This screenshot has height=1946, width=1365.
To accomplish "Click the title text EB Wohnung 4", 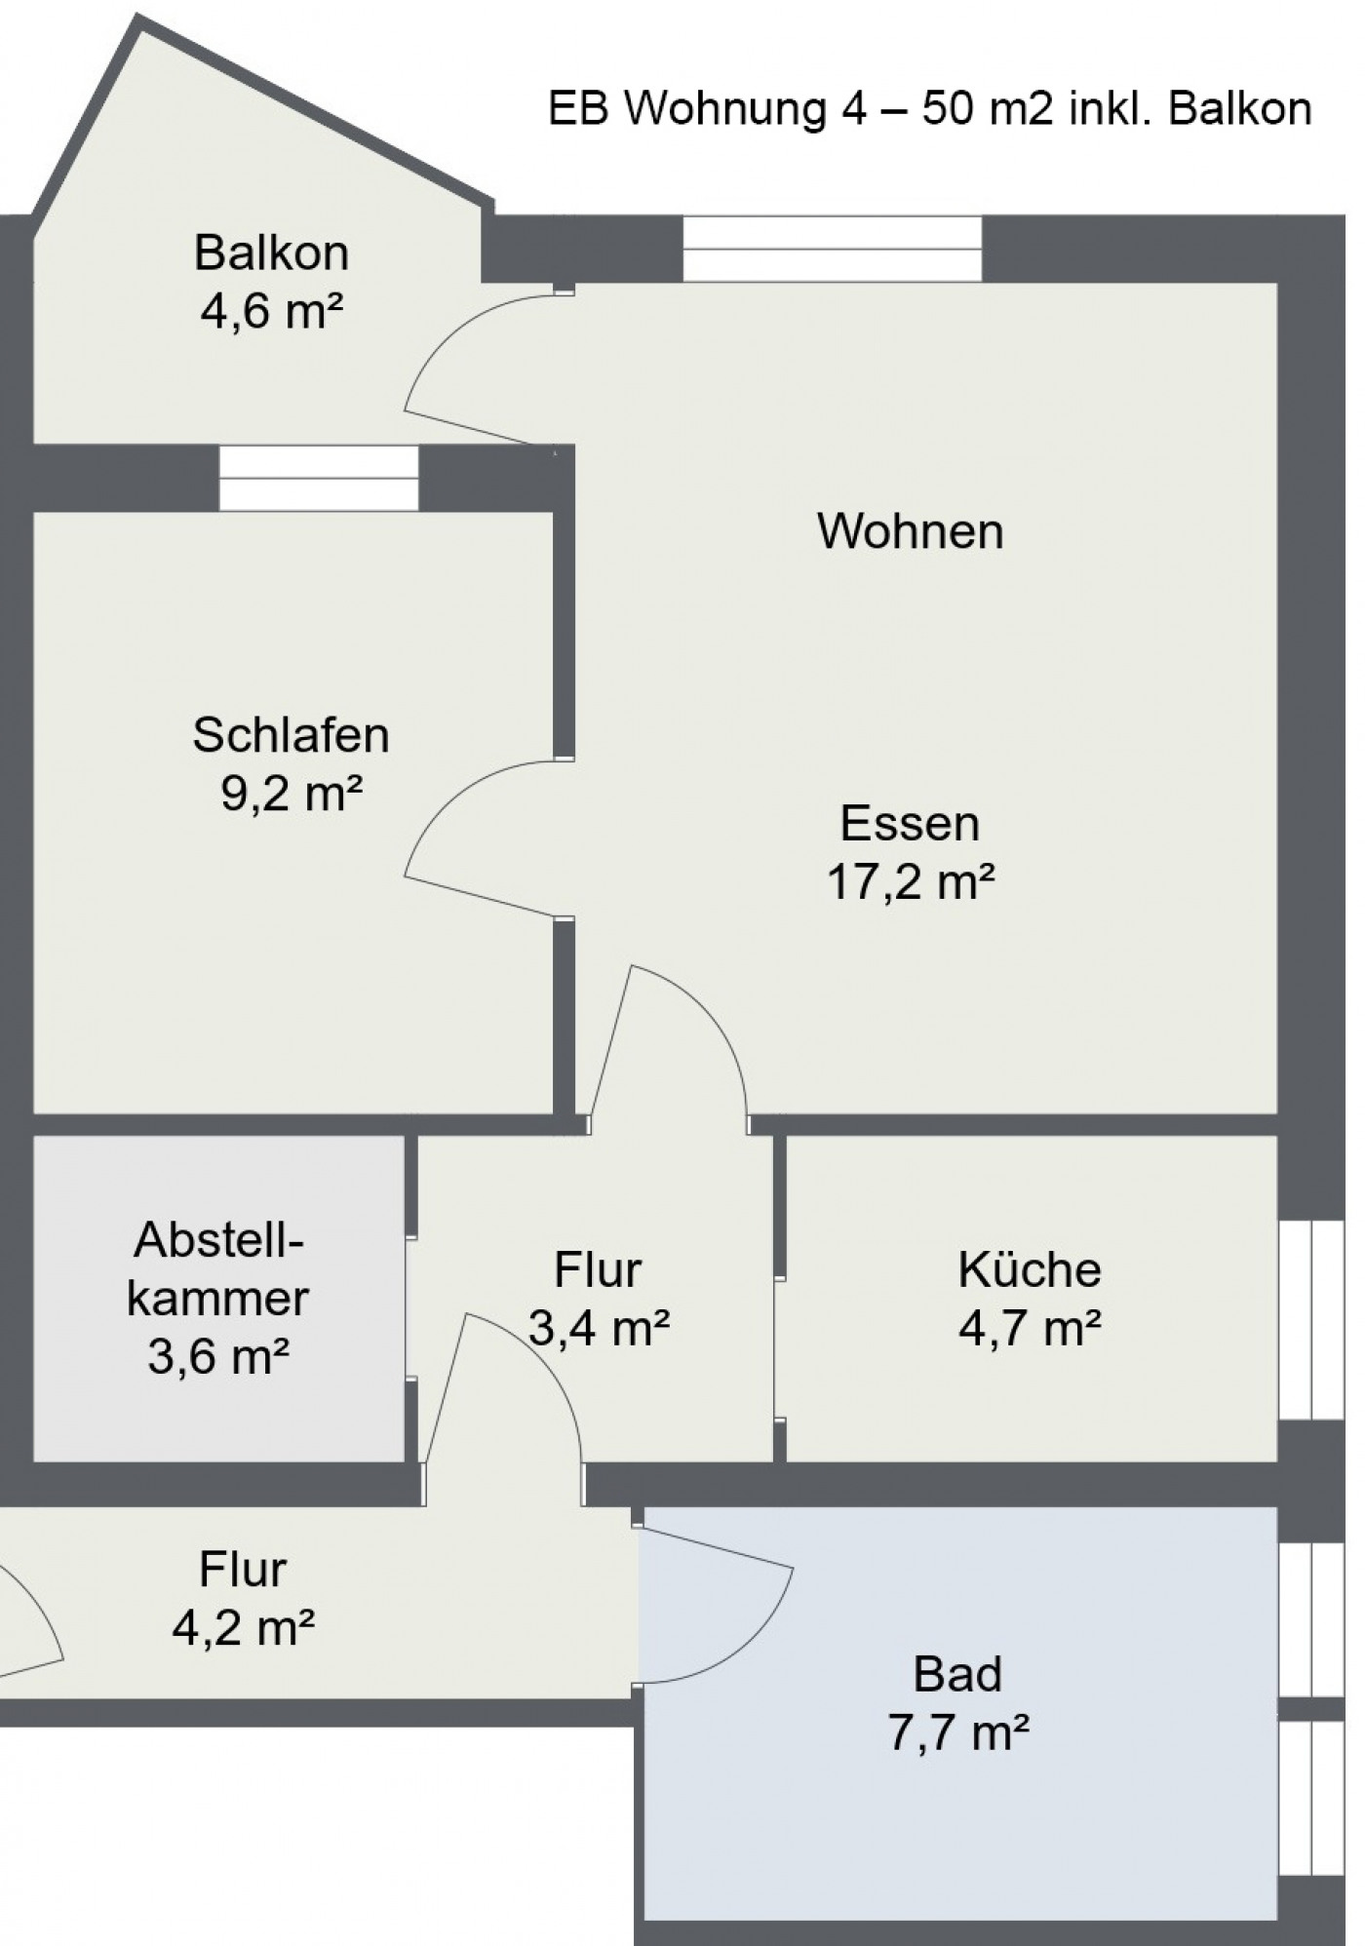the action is tap(705, 109).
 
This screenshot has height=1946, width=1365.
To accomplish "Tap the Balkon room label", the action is tap(271, 253).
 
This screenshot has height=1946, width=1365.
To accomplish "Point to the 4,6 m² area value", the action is tap(271, 312).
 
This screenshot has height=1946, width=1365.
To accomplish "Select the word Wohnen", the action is tap(911, 531).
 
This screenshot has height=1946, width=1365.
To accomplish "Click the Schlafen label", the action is tap(291, 735).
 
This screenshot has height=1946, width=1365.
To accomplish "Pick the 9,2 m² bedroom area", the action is tap(292, 794).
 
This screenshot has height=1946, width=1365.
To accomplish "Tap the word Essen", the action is tap(910, 824).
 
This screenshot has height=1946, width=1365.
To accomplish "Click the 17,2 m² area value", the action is tap(911, 882).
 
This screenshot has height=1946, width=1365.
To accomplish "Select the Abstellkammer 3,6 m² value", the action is tap(218, 1356).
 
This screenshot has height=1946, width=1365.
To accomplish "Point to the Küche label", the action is tap(1030, 1269).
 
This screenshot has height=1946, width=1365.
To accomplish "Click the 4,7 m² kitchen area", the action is tap(1030, 1328).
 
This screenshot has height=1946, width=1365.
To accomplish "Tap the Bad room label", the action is tap(957, 1675).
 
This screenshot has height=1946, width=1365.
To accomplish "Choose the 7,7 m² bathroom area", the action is tap(958, 1733).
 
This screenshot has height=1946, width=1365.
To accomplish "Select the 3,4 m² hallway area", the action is tap(599, 1328).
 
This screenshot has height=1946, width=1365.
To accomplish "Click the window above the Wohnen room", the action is tap(832, 250).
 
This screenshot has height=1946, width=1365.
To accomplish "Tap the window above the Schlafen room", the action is tap(318, 479).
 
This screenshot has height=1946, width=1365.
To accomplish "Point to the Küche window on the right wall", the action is tap(1311, 1319).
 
